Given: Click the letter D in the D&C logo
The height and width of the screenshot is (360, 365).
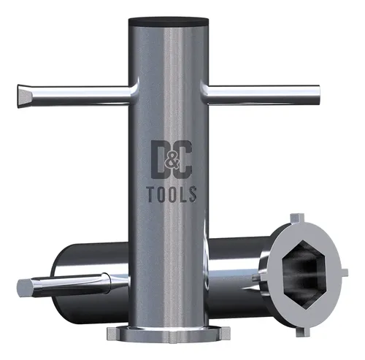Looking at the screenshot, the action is coord(159,160).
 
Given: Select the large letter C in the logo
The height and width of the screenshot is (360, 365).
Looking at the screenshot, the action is coord(184,160).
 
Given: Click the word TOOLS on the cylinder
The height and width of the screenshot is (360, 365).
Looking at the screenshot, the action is coord(172,194).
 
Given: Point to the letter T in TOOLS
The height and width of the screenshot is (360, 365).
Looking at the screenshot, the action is coord(152,195).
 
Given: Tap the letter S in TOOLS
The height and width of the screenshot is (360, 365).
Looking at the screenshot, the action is coord(193,194).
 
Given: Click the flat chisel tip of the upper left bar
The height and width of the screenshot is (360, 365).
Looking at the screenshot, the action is coord(23,96).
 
